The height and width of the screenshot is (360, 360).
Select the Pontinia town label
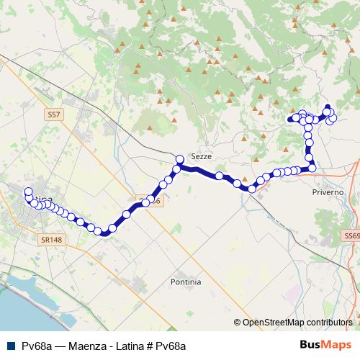[186, 282]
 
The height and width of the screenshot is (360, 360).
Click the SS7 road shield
[54, 114]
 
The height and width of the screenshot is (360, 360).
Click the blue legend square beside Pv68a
[9, 346]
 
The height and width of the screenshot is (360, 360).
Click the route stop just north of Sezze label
[180, 159]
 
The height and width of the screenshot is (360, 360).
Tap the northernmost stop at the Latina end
[28, 192]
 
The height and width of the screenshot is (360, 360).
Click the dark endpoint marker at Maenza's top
[328, 107]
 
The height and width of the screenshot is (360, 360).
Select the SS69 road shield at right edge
[351, 235]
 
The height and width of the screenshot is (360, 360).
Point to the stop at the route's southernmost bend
[104, 232]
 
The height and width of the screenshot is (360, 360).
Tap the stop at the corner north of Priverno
[312, 168]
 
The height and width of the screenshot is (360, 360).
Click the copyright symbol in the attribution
[238, 323]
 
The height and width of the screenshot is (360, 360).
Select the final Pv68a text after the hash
[171, 346]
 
